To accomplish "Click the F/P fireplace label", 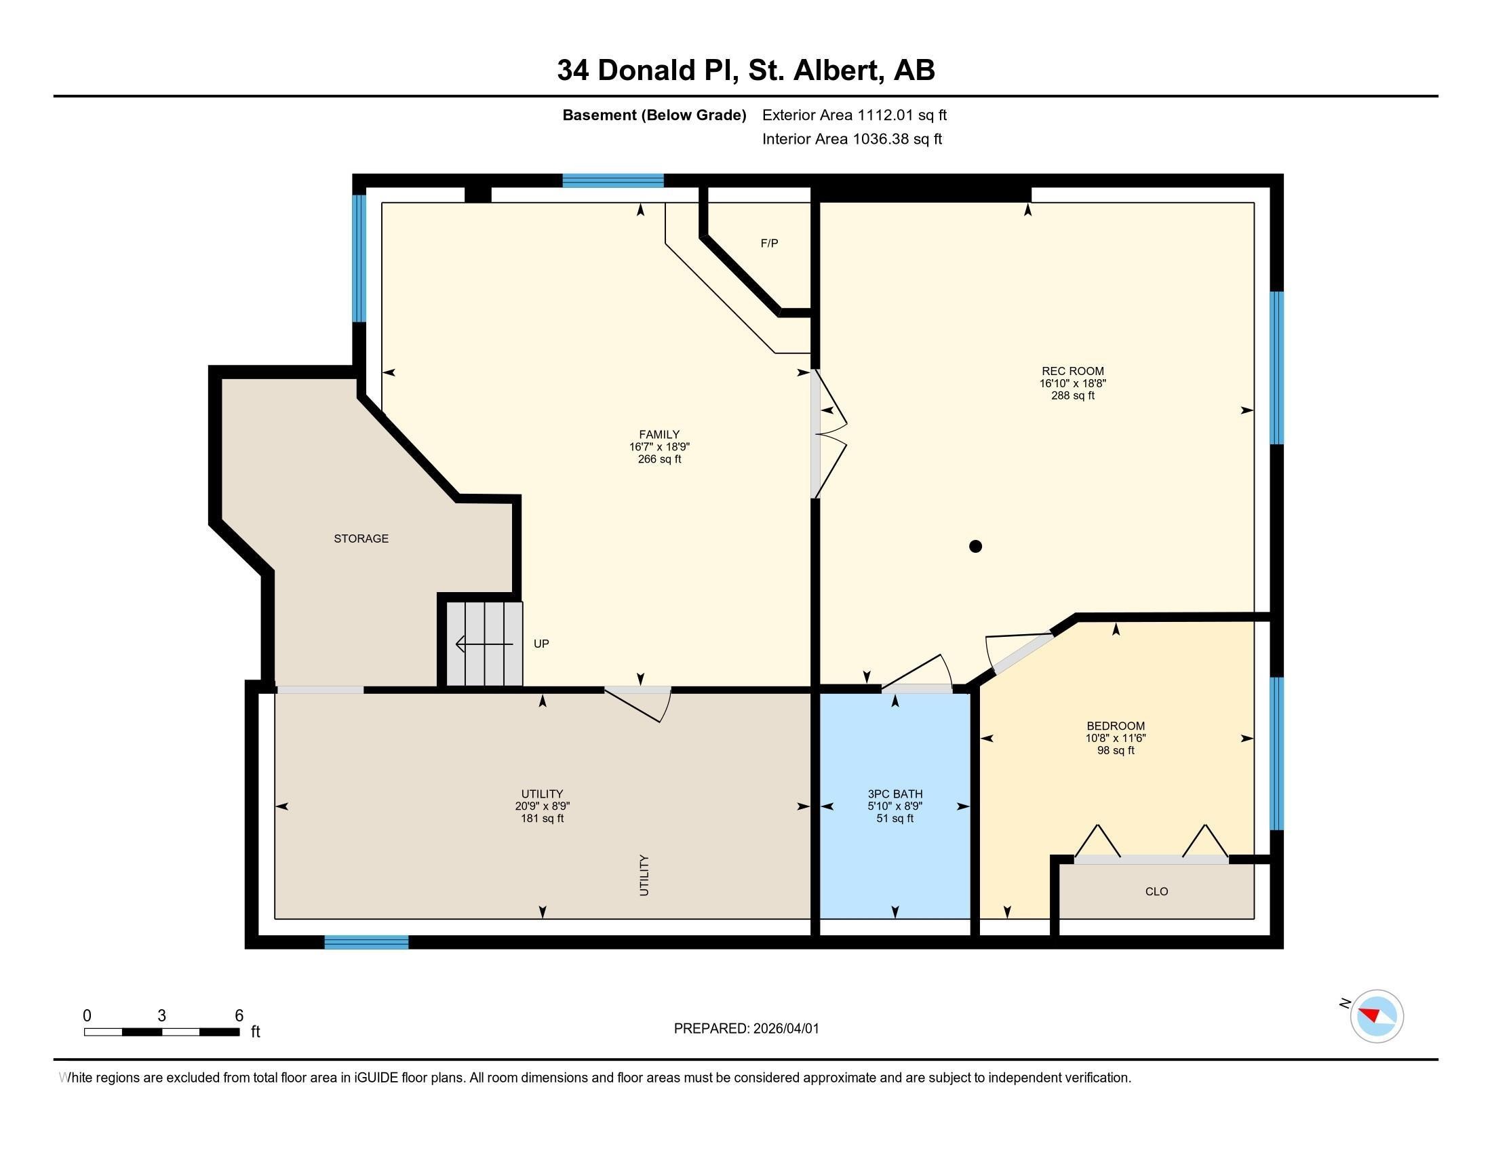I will [x=769, y=243].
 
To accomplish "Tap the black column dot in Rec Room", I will [x=975, y=546].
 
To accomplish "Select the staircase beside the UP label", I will [x=484, y=644].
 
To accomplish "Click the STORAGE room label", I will [x=361, y=539].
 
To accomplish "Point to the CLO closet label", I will [x=1156, y=891].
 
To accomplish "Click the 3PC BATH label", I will [x=895, y=794].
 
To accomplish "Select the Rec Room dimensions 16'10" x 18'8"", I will [x=1073, y=384].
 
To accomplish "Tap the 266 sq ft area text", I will [x=659, y=459].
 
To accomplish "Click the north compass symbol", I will [x=1377, y=1016].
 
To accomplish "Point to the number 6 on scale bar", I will [x=239, y=1015].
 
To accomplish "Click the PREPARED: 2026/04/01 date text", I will [x=746, y=1029].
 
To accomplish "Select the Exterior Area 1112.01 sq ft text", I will [x=854, y=115].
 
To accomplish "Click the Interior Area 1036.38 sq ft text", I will [x=852, y=139].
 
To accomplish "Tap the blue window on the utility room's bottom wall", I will [x=366, y=943].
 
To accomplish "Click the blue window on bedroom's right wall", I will [x=1276, y=753].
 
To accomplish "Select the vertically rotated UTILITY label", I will [x=644, y=875].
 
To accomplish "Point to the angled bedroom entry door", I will [x=1021, y=654].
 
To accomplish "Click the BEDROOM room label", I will [x=1116, y=726].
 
